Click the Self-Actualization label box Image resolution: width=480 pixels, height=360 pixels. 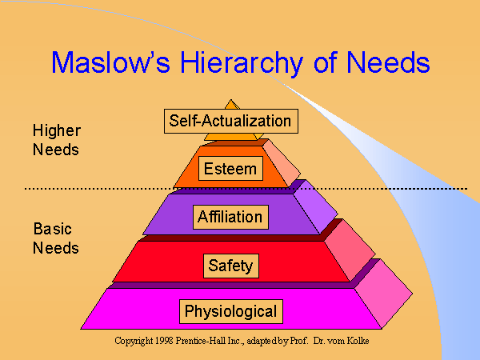pyautogui.click(x=230, y=122)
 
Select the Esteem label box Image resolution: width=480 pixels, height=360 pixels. pyautogui.click(x=230, y=169)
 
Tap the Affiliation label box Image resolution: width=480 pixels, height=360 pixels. pyautogui.click(x=230, y=216)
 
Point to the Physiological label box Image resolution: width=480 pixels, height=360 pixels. pyautogui.click(x=230, y=310)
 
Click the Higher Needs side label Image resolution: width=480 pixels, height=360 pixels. pyautogui.click(x=56, y=138)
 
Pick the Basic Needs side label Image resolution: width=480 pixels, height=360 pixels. pyautogui.click(x=56, y=238)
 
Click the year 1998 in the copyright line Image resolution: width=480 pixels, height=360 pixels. pyautogui.click(x=160, y=341)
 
